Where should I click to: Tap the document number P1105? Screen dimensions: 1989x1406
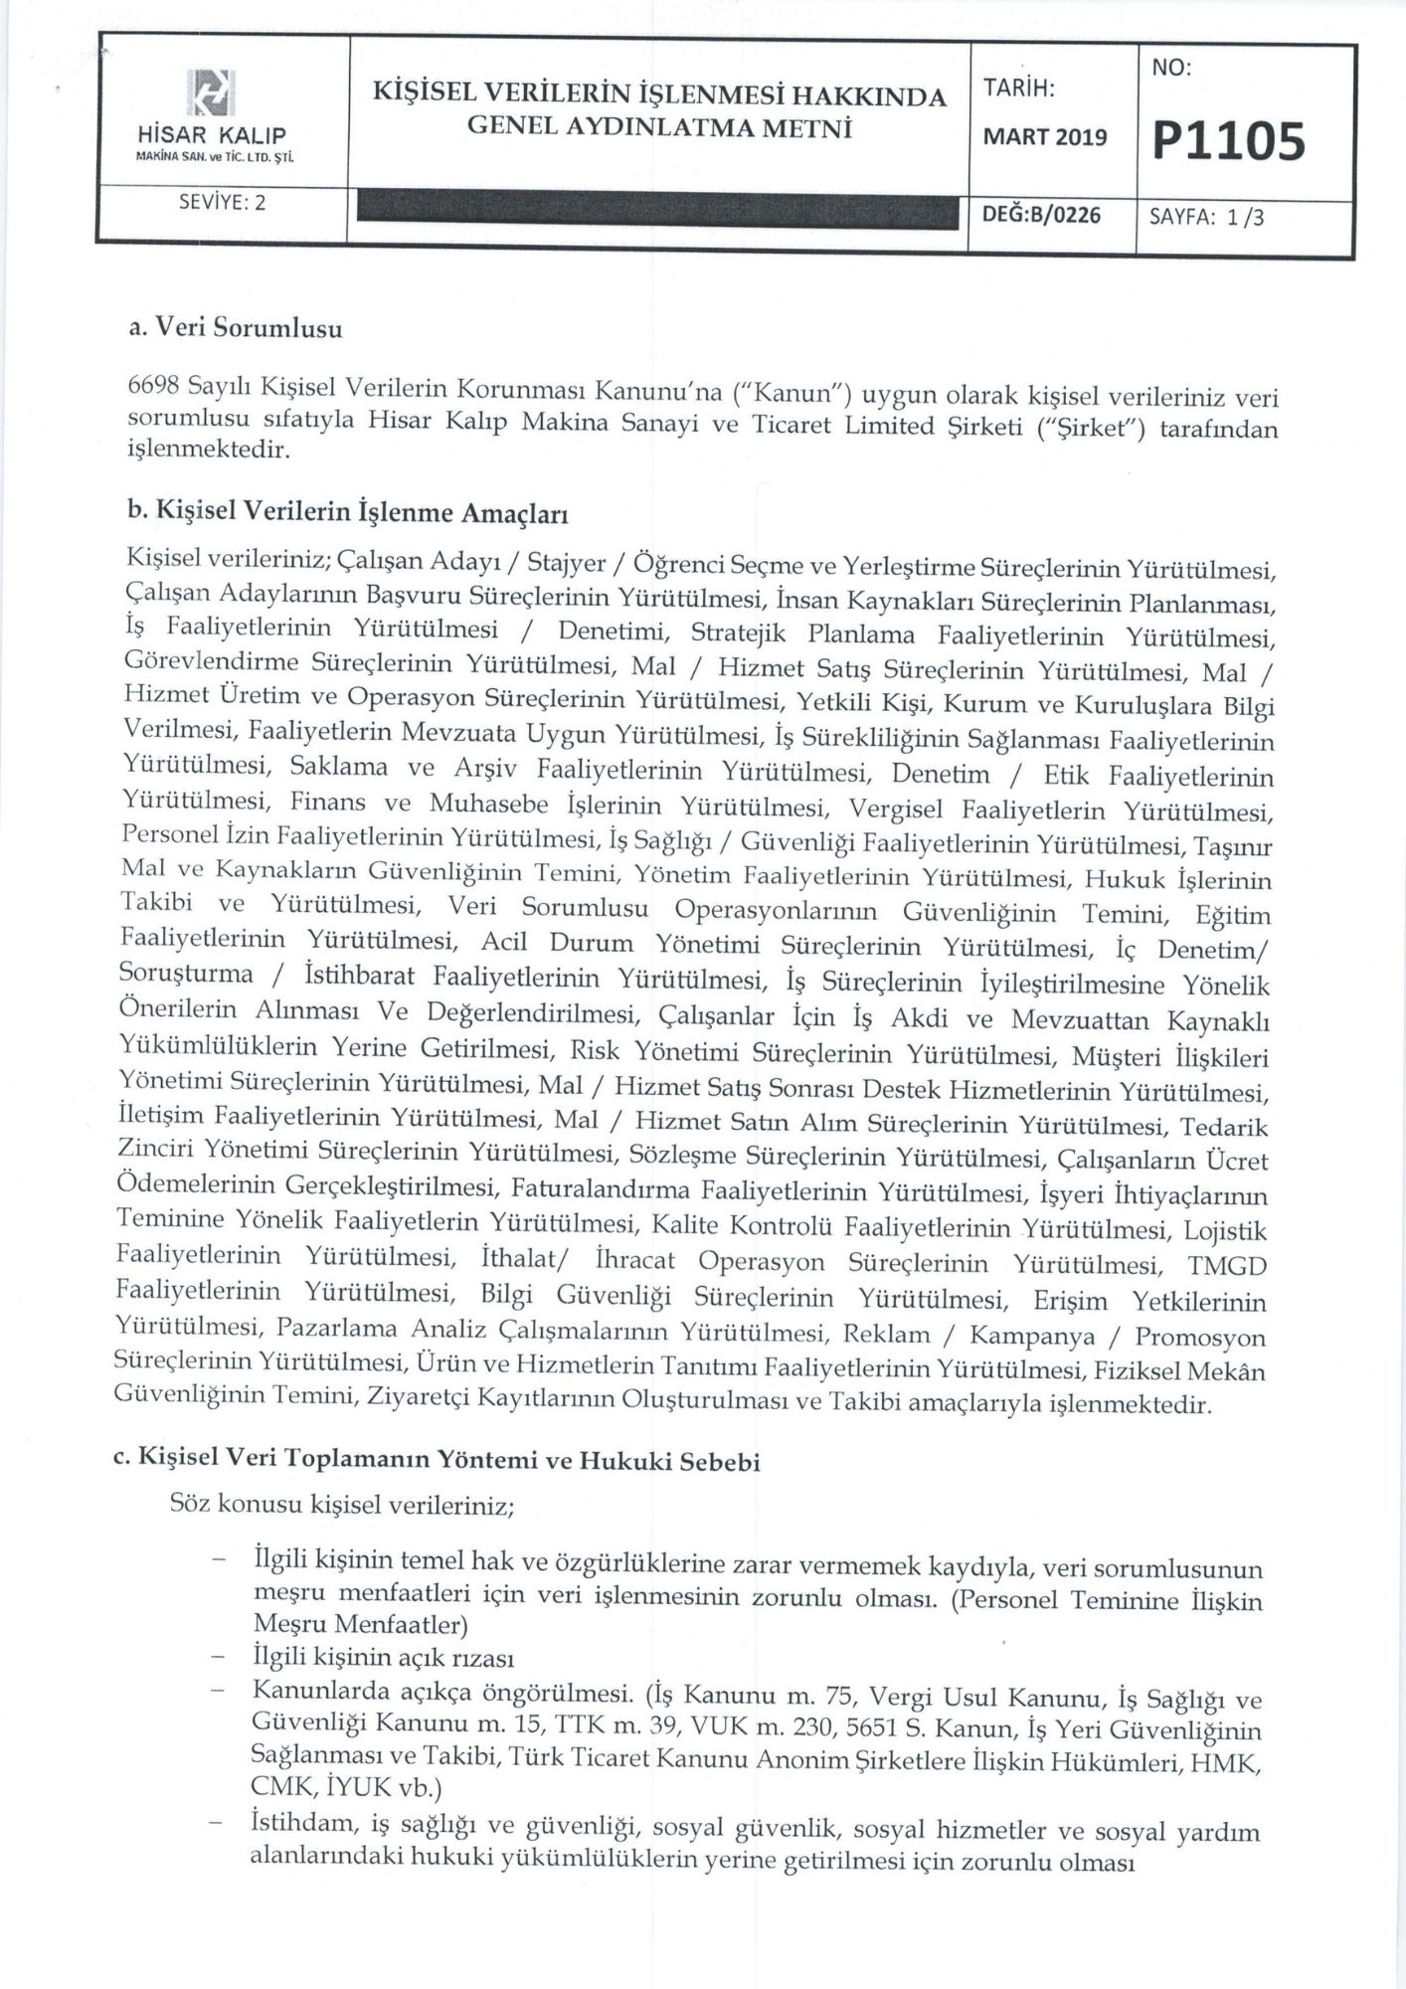coord(1227,140)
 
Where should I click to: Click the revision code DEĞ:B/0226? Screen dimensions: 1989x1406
coord(1042,214)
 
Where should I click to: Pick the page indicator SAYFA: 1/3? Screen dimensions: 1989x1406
coord(1206,217)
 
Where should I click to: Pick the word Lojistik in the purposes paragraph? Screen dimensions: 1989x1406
coord(1224,1231)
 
